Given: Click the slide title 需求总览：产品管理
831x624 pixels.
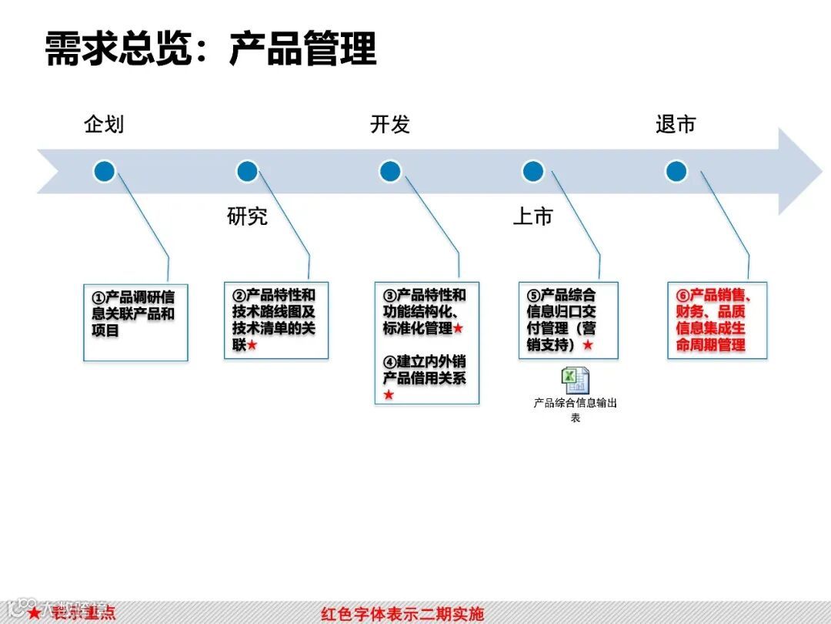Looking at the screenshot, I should tap(211, 49).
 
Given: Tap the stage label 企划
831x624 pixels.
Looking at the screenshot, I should tap(104, 124).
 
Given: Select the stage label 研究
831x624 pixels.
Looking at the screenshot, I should tap(247, 216).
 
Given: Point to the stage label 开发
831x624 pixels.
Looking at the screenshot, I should tap(390, 124).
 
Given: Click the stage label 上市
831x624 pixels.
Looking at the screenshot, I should tap(532, 216).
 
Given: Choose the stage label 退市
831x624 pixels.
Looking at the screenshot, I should tap(676, 124).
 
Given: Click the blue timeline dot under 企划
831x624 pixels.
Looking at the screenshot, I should tap(105, 171).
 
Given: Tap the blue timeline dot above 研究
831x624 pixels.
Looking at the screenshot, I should tap(247, 171).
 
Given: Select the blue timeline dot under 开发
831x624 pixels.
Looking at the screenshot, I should tap(390, 171).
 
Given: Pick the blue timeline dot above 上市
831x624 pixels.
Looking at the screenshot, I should tap(532, 171).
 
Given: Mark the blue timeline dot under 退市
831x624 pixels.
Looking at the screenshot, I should tap(676, 171).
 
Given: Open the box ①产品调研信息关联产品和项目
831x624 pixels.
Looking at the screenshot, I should tap(135, 321).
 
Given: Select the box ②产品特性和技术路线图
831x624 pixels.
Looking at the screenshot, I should tap(276, 320).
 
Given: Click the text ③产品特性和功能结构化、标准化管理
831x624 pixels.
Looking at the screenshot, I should tap(426, 312).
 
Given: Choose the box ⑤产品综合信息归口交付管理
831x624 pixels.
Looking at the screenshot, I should tap(568, 320).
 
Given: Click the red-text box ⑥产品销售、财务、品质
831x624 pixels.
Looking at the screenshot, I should tap(717, 320).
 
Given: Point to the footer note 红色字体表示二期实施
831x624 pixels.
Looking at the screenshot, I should tap(402, 614).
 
